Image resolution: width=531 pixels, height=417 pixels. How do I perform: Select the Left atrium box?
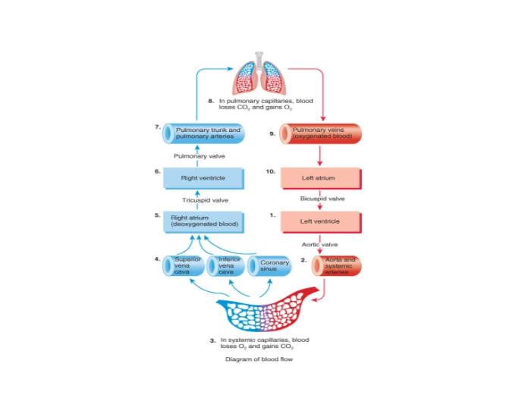(x=319, y=179)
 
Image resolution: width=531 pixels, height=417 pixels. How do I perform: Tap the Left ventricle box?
(x=319, y=221)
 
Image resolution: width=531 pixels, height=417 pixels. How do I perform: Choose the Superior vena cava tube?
(x=185, y=266)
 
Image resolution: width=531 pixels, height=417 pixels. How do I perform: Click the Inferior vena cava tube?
(x=228, y=266)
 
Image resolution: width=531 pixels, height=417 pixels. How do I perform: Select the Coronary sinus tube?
(x=272, y=266)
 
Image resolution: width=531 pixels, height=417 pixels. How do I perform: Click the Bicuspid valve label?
(x=322, y=199)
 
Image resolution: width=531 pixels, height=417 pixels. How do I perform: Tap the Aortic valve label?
(x=319, y=244)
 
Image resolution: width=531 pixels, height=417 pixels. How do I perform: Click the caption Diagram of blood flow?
(x=259, y=360)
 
